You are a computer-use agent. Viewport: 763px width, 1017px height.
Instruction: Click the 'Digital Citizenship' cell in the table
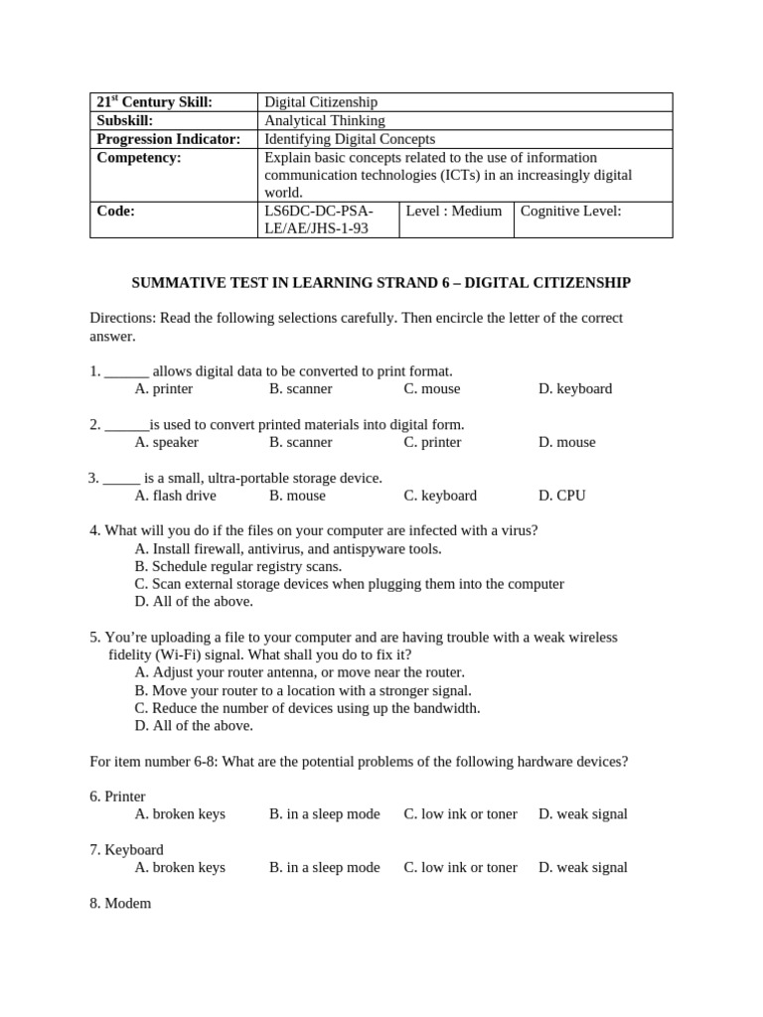click(320, 102)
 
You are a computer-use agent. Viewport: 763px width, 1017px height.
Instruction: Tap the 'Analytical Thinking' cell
click(324, 120)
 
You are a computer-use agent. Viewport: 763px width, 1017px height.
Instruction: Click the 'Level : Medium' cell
click(454, 212)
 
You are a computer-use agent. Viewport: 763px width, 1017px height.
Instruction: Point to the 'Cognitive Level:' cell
click(570, 212)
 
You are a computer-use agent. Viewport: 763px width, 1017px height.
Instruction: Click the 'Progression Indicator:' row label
click(168, 139)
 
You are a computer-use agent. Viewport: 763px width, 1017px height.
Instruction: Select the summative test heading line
click(381, 283)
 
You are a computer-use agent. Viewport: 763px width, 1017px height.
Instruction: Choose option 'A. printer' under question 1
click(164, 388)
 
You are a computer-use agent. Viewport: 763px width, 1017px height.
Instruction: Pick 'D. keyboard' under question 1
click(575, 388)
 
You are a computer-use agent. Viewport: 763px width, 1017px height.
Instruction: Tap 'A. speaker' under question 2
click(166, 442)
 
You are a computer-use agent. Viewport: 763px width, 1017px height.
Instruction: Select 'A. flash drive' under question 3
click(175, 496)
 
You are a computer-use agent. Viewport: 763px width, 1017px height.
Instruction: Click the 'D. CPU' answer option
click(562, 496)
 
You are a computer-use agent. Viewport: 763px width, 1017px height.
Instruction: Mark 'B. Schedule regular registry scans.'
click(237, 566)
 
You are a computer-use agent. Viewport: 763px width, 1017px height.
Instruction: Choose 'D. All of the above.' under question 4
click(194, 601)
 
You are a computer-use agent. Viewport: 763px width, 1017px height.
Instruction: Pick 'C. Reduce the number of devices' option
click(307, 708)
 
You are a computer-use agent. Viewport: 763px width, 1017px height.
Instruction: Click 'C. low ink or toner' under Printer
click(460, 813)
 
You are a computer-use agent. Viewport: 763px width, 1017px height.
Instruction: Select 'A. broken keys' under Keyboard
click(180, 867)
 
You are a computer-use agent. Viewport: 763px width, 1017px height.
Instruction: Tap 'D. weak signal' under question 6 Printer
click(583, 813)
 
